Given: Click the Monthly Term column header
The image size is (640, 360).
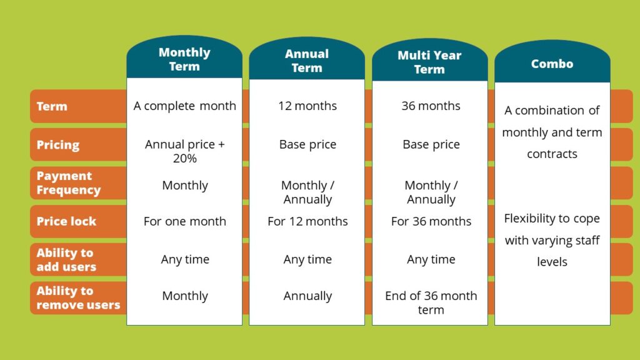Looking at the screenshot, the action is coord(184,59).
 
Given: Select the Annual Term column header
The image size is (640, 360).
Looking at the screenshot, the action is coord(307,61).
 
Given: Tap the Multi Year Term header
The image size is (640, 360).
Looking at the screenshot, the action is coord(429,62).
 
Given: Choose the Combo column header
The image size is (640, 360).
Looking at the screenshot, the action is coord(552,64).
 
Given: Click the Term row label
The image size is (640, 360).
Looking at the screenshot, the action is coord(52,106).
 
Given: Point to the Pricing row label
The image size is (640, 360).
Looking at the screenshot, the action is coord(58,145).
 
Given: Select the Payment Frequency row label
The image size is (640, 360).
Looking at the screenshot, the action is coord(69,183).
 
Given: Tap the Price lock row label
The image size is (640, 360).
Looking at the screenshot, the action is coord(66,221).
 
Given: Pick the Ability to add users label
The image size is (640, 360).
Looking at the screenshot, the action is coord(66,259).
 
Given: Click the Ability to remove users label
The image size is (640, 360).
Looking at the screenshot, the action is coord(78,297).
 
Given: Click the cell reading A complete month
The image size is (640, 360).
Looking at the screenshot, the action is coord(184,106).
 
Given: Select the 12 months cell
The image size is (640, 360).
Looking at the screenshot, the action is coord(307,106).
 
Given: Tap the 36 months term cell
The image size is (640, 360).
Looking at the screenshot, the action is coord(431,106).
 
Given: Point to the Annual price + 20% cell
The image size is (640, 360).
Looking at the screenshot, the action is coord(185,151).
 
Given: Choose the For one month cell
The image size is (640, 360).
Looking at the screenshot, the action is coord(185,221).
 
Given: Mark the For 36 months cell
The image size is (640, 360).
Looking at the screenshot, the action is coord(431,221).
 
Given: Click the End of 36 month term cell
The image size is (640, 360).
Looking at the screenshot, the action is coord(431,302).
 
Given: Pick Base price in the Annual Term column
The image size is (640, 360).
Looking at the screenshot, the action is coord(307,144).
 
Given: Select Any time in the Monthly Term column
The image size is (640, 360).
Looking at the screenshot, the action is coord(185,259).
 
